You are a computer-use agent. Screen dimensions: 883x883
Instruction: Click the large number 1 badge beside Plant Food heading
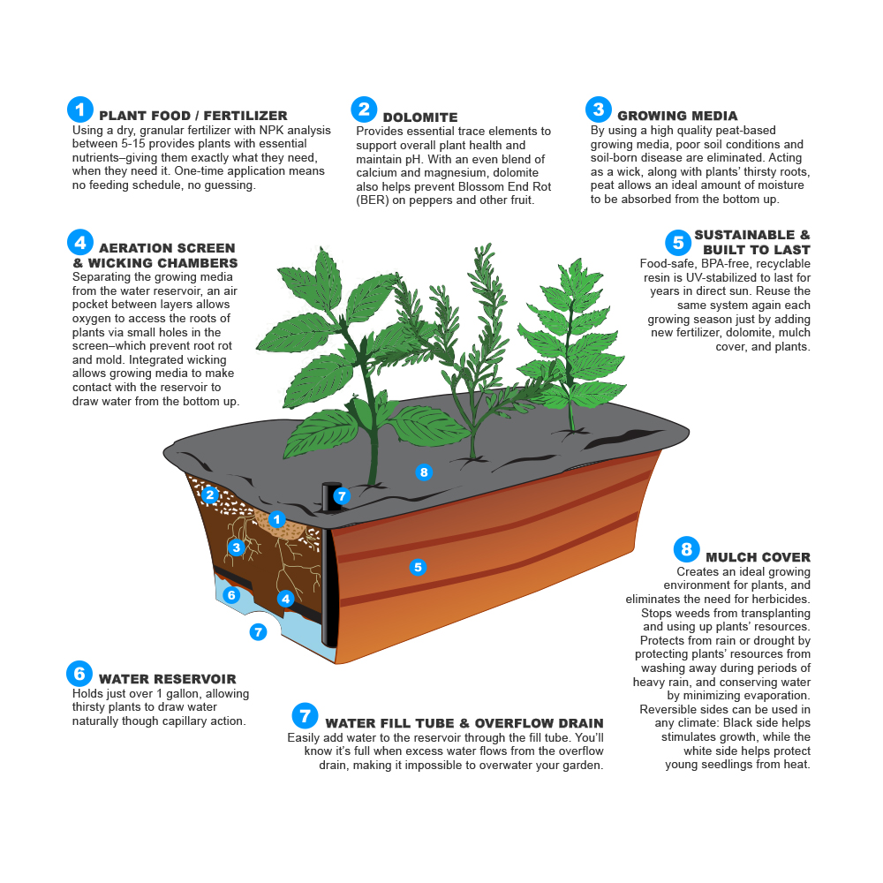(x=80, y=109)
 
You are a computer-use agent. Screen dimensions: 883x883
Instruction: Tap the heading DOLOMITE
(x=420, y=117)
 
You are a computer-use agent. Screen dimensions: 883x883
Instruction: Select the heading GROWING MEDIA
(x=677, y=116)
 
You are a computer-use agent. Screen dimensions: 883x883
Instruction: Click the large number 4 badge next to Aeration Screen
(x=80, y=243)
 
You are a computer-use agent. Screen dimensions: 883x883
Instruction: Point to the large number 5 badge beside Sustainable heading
(x=678, y=243)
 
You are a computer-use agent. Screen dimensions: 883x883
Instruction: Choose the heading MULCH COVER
(x=758, y=557)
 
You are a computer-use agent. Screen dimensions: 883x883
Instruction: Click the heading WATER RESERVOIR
(x=167, y=678)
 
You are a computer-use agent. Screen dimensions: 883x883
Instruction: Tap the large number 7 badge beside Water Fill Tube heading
(x=305, y=716)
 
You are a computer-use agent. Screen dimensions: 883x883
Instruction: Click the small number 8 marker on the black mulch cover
(x=424, y=472)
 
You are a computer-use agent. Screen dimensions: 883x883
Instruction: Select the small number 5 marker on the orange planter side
(x=418, y=567)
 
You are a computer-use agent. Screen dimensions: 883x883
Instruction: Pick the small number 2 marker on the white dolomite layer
(x=210, y=495)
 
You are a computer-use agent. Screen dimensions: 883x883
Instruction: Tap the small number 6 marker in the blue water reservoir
(x=231, y=594)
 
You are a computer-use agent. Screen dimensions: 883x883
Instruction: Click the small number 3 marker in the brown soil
(x=237, y=547)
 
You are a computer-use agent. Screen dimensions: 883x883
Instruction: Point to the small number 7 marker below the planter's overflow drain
(x=258, y=632)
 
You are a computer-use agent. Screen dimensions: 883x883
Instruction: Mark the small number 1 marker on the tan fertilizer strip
(x=276, y=519)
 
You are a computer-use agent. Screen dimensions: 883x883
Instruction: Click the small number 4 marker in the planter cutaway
(x=285, y=599)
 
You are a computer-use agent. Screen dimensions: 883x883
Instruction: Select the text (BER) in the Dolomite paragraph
(x=373, y=200)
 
